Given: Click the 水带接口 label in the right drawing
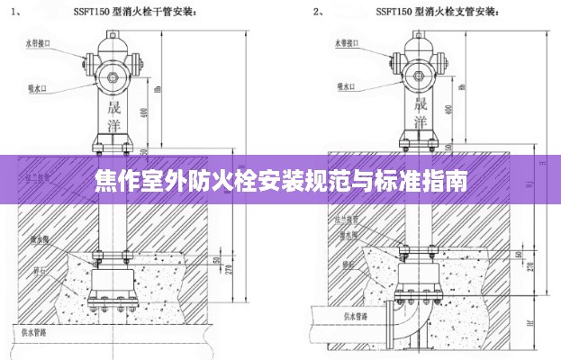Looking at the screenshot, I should click(x=348, y=42).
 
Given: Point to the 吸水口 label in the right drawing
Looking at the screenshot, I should click(x=346, y=87).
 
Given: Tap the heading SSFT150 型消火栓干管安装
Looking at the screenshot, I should click(x=145, y=13).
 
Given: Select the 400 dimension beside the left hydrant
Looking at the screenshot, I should click(x=144, y=112).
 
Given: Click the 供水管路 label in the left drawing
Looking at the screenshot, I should click(x=33, y=331).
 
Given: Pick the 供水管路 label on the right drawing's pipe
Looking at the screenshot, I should click(x=358, y=316).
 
